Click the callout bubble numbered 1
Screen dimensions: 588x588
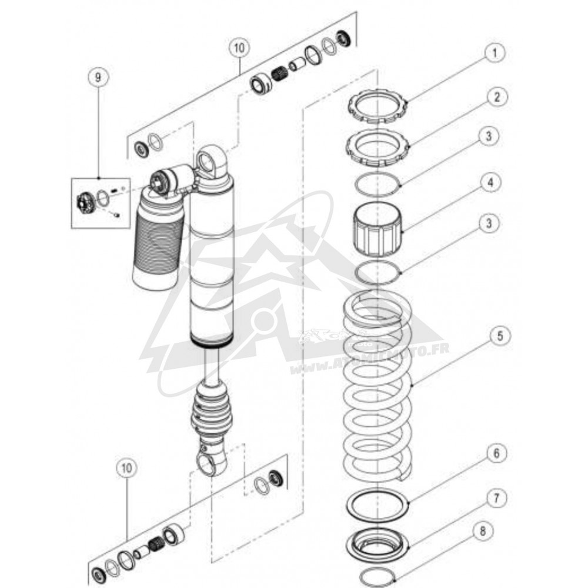pyautogui.click(x=495, y=53)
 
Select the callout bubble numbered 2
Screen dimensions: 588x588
pyautogui.click(x=497, y=98)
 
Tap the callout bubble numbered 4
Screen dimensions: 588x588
pyautogui.click(x=490, y=183)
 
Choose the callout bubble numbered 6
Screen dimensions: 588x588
pyautogui.click(x=496, y=453)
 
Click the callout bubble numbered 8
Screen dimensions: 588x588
pyautogui.click(x=483, y=531)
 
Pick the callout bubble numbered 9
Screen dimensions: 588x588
pyautogui.click(x=98, y=78)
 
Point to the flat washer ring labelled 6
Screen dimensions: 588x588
pyautogui.click(x=377, y=503)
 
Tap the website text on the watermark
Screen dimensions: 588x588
pyautogui.click(x=369, y=360)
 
